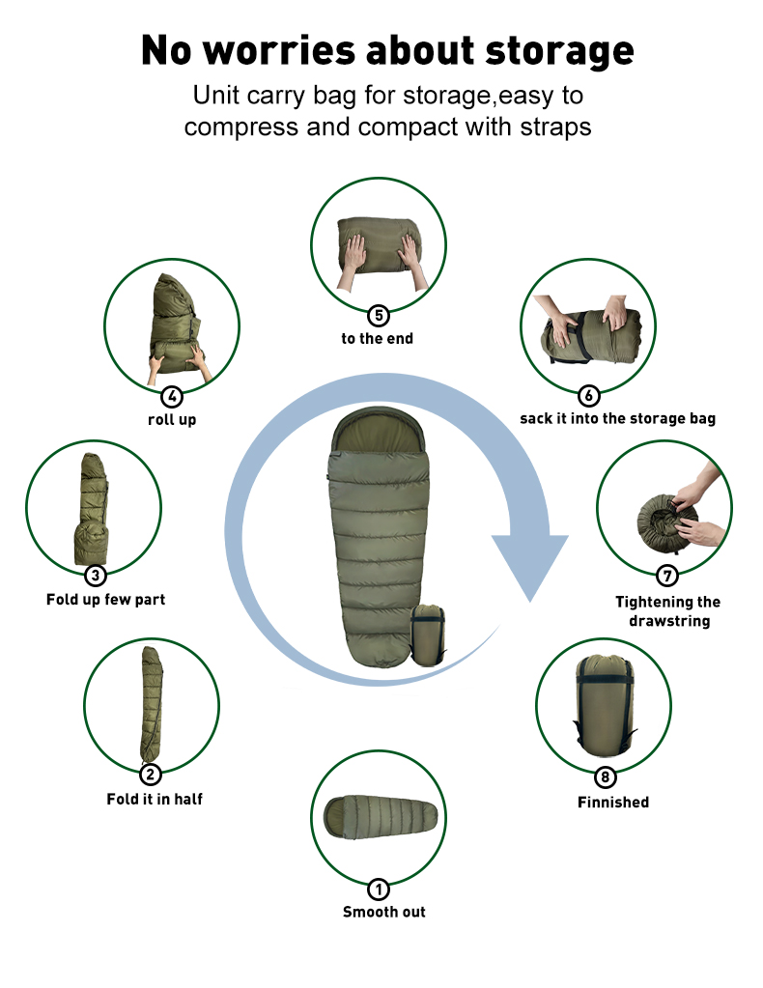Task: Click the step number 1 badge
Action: pyautogui.click(x=379, y=889)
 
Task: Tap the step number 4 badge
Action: pyautogui.click(x=172, y=396)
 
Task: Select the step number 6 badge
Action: pyautogui.click(x=588, y=395)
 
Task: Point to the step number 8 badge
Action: pyautogui.click(x=606, y=777)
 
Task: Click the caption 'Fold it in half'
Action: pyautogui.click(x=155, y=799)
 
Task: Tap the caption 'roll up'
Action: pyautogui.click(x=172, y=420)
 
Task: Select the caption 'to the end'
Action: pyautogui.click(x=378, y=339)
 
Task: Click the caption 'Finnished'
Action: pyautogui.click(x=613, y=802)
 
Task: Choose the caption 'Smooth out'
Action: pyautogui.click(x=384, y=912)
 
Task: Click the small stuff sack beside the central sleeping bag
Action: pyautogui.click(x=429, y=635)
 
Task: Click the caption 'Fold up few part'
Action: pyautogui.click(x=106, y=600)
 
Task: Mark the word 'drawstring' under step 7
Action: pyautogui.click(x=669, y=621)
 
